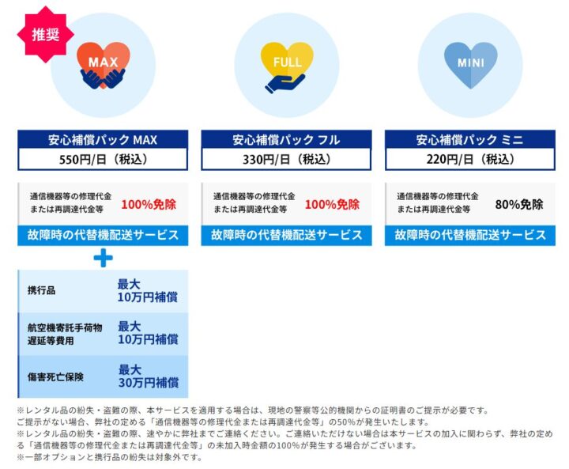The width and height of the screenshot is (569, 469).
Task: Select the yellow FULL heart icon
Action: [x=286, y=58]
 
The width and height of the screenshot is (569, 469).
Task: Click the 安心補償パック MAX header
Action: [x=103, y=140]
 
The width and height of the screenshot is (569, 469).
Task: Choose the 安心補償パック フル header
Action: [x=286, y=140]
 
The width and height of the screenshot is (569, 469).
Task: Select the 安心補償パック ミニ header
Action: [x=469, y=140]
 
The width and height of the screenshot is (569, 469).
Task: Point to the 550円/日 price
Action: [x=103, y=159]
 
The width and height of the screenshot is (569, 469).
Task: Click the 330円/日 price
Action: [x=286, y=159]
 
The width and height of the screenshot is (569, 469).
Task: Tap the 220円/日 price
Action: [x=469, y=159]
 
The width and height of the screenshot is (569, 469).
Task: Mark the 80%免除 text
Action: [x=518, y=204]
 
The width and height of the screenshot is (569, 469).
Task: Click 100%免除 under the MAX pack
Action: [x=149, y=204]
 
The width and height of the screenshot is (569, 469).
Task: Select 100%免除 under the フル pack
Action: [x=332, y=204]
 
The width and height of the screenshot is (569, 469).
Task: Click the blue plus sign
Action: [x=103, y=258]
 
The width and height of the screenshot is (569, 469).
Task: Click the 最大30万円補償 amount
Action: [x=148, y=376]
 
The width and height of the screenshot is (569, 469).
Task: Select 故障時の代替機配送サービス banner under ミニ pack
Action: [x=469, y=235]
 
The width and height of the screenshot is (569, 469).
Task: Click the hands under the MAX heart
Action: [x=103, y=77]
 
